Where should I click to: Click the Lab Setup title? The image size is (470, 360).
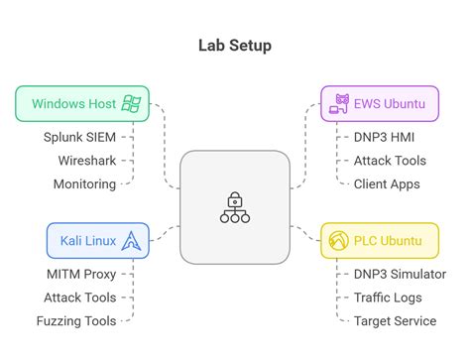pyautogui.click(x=234, y=45)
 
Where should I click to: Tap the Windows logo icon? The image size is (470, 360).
pyautogui.click(x=130, y=103)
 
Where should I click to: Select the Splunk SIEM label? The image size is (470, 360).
pyautogui.click(x=79, y=138)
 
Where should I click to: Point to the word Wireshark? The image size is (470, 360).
pyautogui.click(x=85, y=161)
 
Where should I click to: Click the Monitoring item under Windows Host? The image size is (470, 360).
pyautogui.click(x=84, y=183)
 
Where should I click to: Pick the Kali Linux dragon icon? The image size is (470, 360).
pyautogui.click(x=130, y=240)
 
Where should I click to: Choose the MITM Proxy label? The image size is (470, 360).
pyautogui.click(x=80, y=275)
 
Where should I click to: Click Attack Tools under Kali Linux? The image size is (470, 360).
pyautogui.click(x=79, y=298)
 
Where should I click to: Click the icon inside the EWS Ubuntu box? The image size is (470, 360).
pyautogui.click(x=339, y=103)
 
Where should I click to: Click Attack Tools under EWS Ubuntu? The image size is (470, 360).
pyautogui.click(x=390, y=161)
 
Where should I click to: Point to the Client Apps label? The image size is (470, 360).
pyautogui.click(x=387, y=183)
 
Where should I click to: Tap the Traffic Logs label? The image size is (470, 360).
pyautogui.click(x=388, y=298)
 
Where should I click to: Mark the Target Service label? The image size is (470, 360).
pyautogui.click(x=395, y=320)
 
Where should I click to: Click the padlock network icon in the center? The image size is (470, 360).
pyautogui.click(x=234, y=207)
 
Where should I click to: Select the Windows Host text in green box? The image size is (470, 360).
pyautogui.click(x=72, y=103)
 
